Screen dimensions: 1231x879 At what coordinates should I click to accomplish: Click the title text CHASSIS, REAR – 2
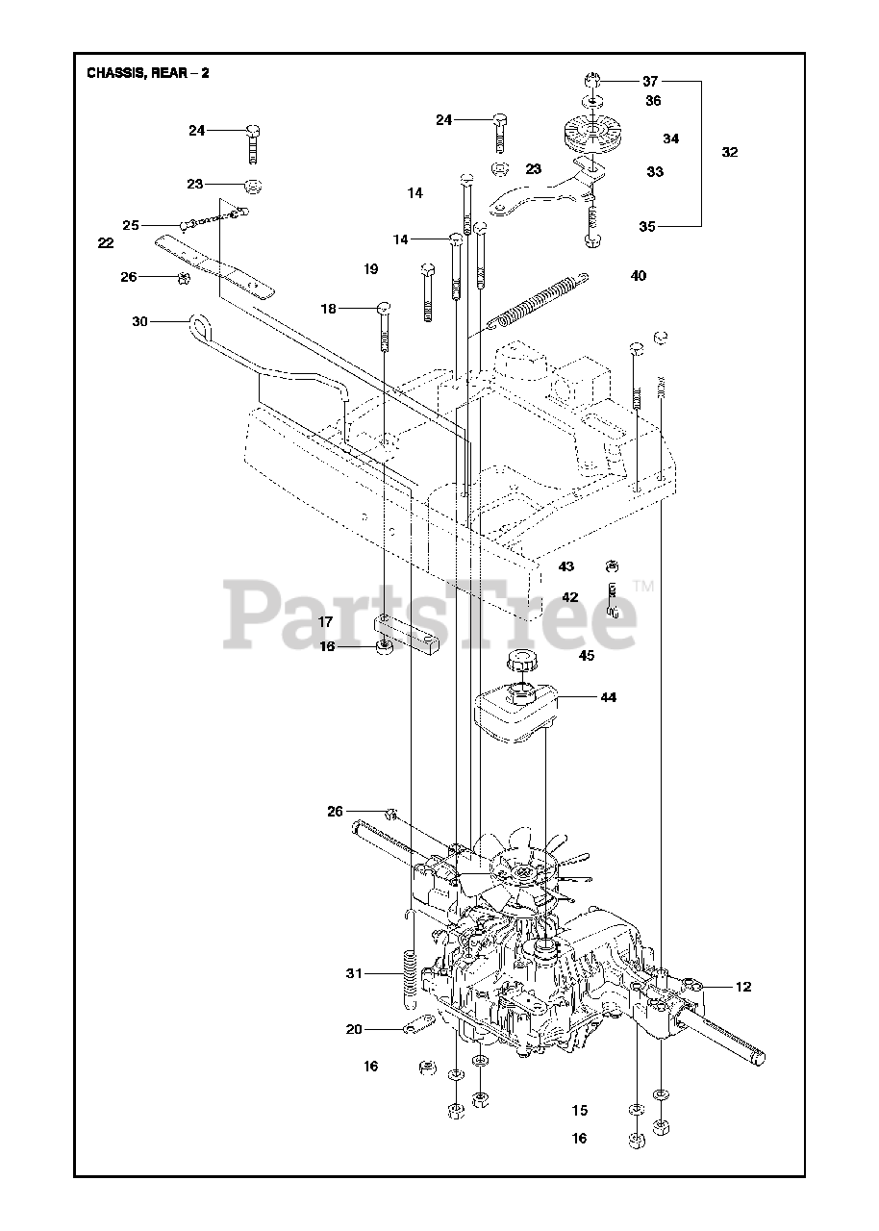click(148, 73)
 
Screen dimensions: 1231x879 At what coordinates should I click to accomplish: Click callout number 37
click(652, 81)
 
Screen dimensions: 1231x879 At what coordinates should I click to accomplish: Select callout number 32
click(730, 152)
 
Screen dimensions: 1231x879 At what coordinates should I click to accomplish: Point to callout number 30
click(140, 322)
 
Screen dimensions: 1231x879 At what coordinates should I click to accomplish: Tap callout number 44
click(608, 697)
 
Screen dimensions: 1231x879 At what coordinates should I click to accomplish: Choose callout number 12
click(743, 987)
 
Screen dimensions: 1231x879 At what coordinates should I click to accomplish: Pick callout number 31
click(354, 974)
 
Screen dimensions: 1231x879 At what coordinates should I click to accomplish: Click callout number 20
click(354, 1029)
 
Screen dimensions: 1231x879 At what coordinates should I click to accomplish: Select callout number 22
click(106, 243)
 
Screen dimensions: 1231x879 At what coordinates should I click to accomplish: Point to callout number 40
click(639, 276)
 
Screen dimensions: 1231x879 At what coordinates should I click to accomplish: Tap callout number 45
click(587, 656)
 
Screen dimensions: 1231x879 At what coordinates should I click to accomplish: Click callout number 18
click(329, 309)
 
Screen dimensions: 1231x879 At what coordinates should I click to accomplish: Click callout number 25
click(131, 225)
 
